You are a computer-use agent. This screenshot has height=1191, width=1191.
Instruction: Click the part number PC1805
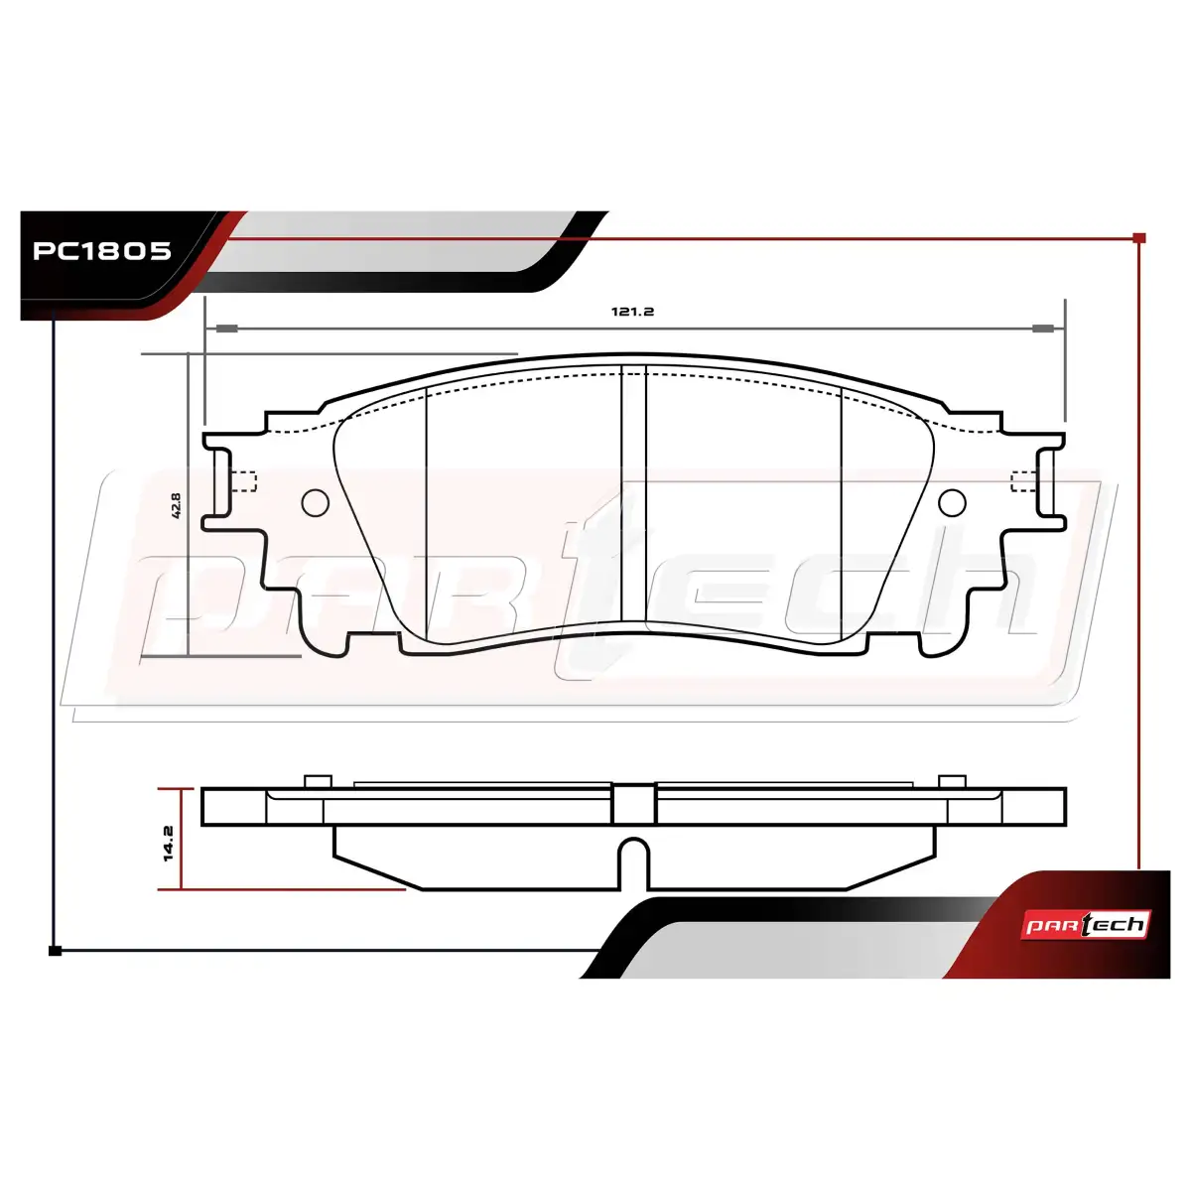(x=101, y=251)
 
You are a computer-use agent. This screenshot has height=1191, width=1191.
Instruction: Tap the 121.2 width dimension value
(x=632, y=312)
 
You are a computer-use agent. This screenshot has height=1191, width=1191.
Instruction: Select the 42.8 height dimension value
(x=176, y=505)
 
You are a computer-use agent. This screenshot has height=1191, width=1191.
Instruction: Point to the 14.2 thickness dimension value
(x=168, y=843)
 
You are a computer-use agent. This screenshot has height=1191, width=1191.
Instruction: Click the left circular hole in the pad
(x=316, y=502)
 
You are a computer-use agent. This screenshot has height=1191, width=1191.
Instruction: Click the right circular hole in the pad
(x=952, y=502)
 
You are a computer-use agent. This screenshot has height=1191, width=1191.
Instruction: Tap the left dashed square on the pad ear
(x=246, y=481)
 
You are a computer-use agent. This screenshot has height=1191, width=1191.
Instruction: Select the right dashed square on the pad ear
(x=1023, y=481)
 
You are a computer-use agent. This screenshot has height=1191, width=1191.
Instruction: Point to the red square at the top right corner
(x=1139, y=238)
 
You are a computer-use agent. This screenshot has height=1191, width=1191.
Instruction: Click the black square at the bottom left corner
(x=55, y=951)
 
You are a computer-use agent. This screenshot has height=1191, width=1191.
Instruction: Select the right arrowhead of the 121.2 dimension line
(x=1044, y=329)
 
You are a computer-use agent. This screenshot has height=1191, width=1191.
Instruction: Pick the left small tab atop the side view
(x=319, y=781)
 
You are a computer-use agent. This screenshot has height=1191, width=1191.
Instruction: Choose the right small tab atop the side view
(x=952, y=781)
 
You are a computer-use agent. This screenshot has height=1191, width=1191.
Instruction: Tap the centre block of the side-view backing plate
(x=633, y=804)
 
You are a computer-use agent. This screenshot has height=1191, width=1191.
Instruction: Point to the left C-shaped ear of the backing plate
(x=216, y=481)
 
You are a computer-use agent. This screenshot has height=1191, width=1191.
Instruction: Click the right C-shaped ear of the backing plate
(x=1052, y=481)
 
